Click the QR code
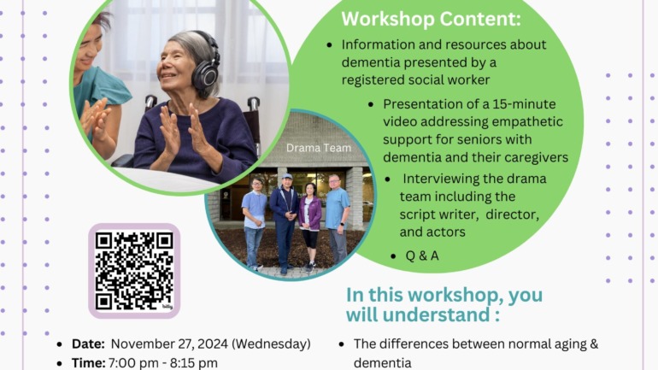click(134, 271)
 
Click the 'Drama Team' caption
click(319, 148)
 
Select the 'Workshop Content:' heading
click(431, 20)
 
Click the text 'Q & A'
click(422, 255)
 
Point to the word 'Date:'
click(88, 344)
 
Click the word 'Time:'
click(89, 362)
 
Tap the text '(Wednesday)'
click(271, 344)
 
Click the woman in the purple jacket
click(309, 226)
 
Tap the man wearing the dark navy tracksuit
click(285, 223)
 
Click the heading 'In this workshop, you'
click(444, 295)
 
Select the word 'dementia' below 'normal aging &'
click(382, 363)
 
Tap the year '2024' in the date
click(213, 344)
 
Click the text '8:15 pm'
click(193, 363)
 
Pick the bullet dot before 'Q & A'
click(393, 255)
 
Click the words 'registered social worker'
click(415, 79)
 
